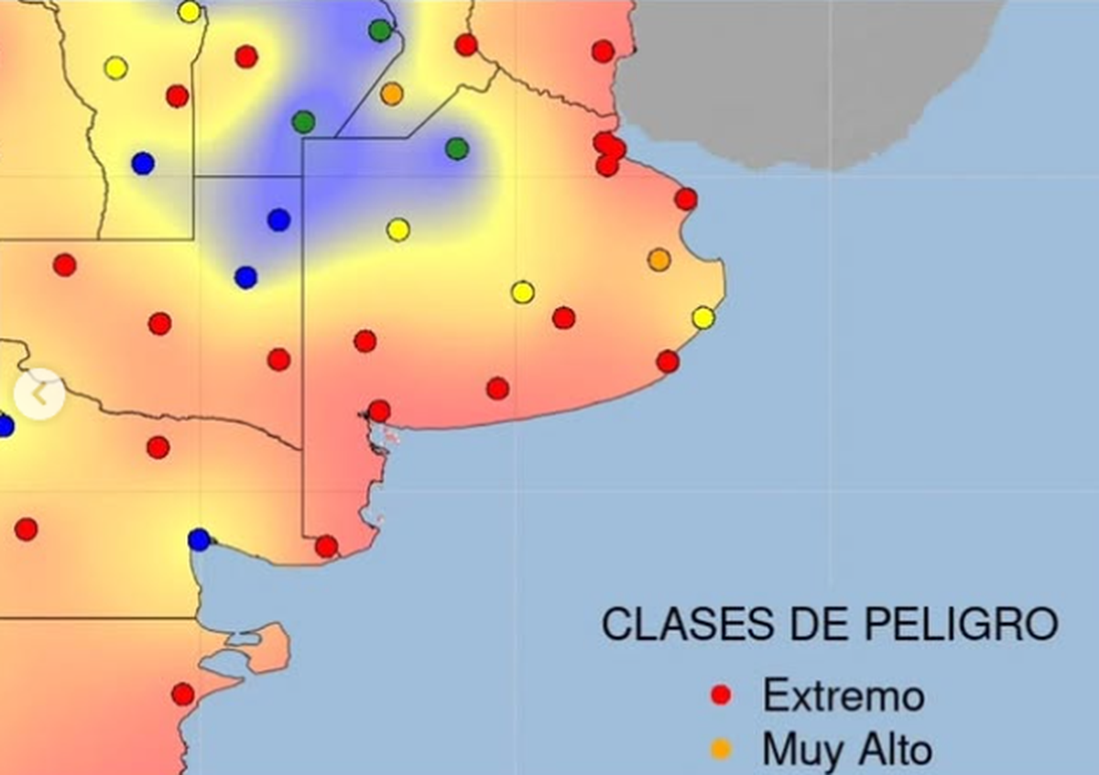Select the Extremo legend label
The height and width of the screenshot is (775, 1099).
(843, 696)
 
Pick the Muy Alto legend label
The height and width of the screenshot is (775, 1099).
(847, 750)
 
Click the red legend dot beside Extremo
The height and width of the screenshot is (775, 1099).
(721, 695)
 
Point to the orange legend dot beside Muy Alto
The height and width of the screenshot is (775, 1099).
(721, 749)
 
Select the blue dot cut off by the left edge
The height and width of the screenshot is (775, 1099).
(5, 426)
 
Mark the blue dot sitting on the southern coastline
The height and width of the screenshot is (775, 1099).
(199, 540)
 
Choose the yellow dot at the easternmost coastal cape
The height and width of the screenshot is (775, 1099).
(703, 318)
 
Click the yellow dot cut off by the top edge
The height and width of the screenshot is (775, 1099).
(190, 11)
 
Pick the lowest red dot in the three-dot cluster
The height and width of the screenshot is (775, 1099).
(607, 166)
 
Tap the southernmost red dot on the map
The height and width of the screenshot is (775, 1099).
(182, 694)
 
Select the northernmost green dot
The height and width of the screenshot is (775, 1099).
(380, 30)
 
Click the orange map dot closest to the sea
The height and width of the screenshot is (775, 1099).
(659, 260)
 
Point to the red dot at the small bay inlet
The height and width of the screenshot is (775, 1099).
(379, 410)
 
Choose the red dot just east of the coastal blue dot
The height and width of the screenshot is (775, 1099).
(326, 547)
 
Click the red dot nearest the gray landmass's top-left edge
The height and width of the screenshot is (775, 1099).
(603, 51)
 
